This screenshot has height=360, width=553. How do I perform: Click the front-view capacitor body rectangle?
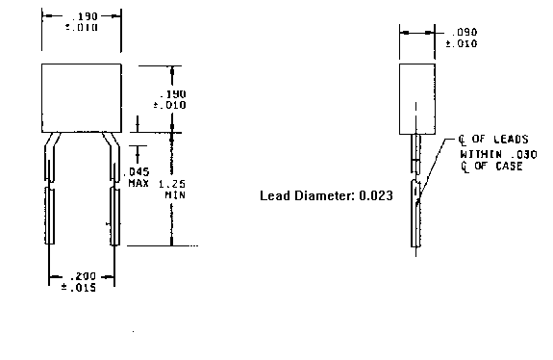[81, 97]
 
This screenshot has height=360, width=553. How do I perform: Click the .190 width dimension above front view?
[81, 19]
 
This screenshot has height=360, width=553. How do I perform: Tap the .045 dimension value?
[138, 170]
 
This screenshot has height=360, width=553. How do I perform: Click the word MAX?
[138, 182]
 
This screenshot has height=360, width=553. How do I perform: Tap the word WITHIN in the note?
[478, 153]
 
